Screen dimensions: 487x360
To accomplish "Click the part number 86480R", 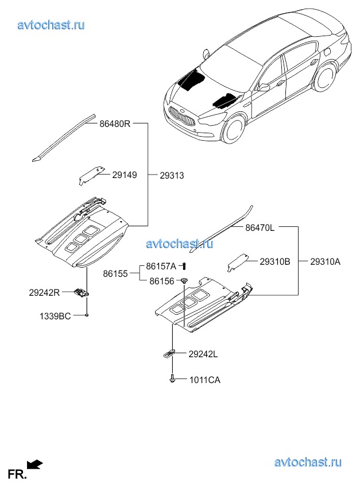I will click(115, 123).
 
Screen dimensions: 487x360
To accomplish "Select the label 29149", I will click(124, 175).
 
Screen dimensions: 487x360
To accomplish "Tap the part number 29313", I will click(172, 175).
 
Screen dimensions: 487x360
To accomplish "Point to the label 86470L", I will click(260, 227).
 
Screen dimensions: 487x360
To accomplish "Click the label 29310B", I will click(274, 261).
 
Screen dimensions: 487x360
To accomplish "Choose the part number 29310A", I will click(325, 261).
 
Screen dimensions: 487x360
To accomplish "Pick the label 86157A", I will click(161, 266).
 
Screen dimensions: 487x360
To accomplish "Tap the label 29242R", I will click(44, 292).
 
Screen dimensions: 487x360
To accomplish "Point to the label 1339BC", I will click(55, 316).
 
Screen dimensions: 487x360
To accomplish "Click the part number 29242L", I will click(203, 354).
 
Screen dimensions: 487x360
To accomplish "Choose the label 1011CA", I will click(204, 380).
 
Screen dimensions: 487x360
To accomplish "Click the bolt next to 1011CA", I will click(172, 379).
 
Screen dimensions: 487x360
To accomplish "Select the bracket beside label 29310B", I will click(237, 262).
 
